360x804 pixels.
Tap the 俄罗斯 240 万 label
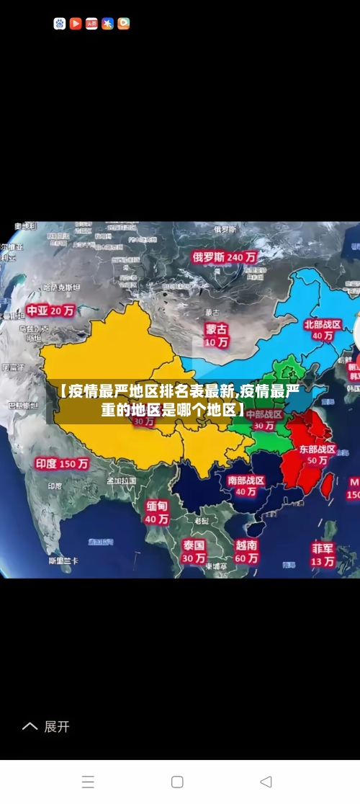[x=225, y=256]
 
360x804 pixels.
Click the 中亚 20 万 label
[x=50, y=311]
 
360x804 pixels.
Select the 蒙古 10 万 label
[x=216, y=336]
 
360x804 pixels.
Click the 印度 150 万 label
[x=62, y=464]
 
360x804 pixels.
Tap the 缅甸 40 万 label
[x=157, y=512]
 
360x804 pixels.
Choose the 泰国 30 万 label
[x=193, y=551]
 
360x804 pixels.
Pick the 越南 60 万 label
[x=246, y=551]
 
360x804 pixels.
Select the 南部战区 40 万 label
[x=246, y=486]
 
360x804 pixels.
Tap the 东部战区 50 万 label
[x=318, y=455]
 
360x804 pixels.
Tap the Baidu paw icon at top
[x=60, y=24]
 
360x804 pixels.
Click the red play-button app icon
[x=76, y=24]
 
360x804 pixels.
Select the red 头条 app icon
[x=91, y=24]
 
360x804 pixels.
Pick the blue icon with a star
[x=107, y=24]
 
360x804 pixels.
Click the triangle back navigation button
[x=266, y=782]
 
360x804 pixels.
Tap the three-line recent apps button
[x=88, y=782]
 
